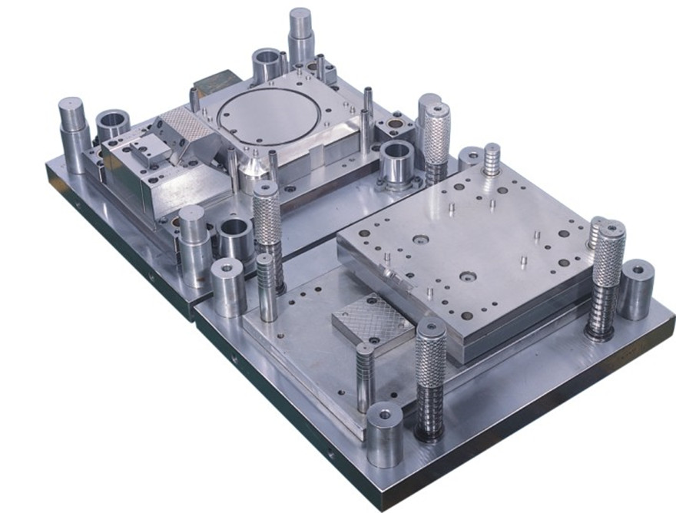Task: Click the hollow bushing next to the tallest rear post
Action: tap(267, 65)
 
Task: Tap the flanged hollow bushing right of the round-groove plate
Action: tap(396, 163)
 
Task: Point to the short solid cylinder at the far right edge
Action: tap(636, 290)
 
